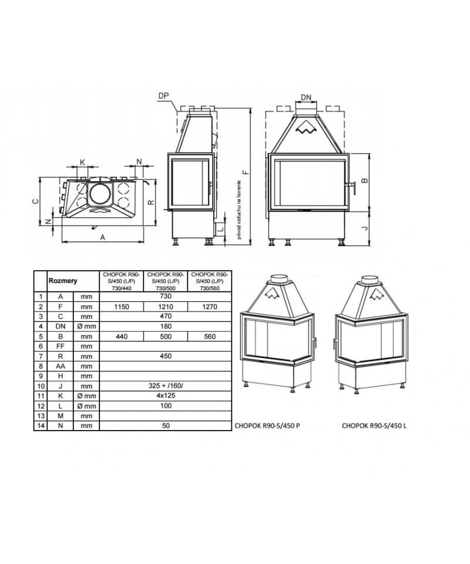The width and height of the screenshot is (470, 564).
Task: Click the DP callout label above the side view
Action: pyautogui.click(x=163, y=95)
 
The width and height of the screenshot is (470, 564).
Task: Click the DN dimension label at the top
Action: pyautogui.click(x=306, y=98)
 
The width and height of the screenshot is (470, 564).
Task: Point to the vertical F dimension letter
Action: pyautogui.click(x=246, y=172)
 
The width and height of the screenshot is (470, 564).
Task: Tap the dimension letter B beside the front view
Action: pyautogui.click(x=365, y=181)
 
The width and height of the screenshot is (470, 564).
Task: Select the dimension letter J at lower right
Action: pyautogui.click(x=365, y=226)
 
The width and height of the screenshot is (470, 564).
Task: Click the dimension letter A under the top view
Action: pyautogui.click(x=102, y=237)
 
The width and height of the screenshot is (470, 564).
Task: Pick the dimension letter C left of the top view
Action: pyautogui.click(x=35, y=200)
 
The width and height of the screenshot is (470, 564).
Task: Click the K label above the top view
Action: pyautogui.click(x=82, y=162)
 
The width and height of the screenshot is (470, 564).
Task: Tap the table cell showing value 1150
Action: pyautogui.click(x=122, y=307)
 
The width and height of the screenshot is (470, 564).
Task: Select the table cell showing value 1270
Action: pyautogui.click(x=210, y=307)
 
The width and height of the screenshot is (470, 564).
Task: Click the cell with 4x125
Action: pyautogui.click(x=166, y=396)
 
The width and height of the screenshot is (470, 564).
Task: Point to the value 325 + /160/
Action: pyautogui.click(x=166, y=386)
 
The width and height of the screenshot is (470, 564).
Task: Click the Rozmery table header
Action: pyautogui.click(x=62, y=281)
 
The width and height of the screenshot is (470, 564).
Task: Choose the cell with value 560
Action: pyautogui.click(x=210, y=337)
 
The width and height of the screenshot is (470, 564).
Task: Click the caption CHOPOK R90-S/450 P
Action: pyautogui.click(x=267, y=426)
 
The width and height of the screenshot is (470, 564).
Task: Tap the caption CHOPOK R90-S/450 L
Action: pyautogui.click(x=374, y=426)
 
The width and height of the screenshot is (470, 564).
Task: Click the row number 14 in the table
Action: pyautogui.click(x=41, y=426)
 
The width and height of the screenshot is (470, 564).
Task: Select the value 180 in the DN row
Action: pyautogui.click(x=166, y=327)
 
